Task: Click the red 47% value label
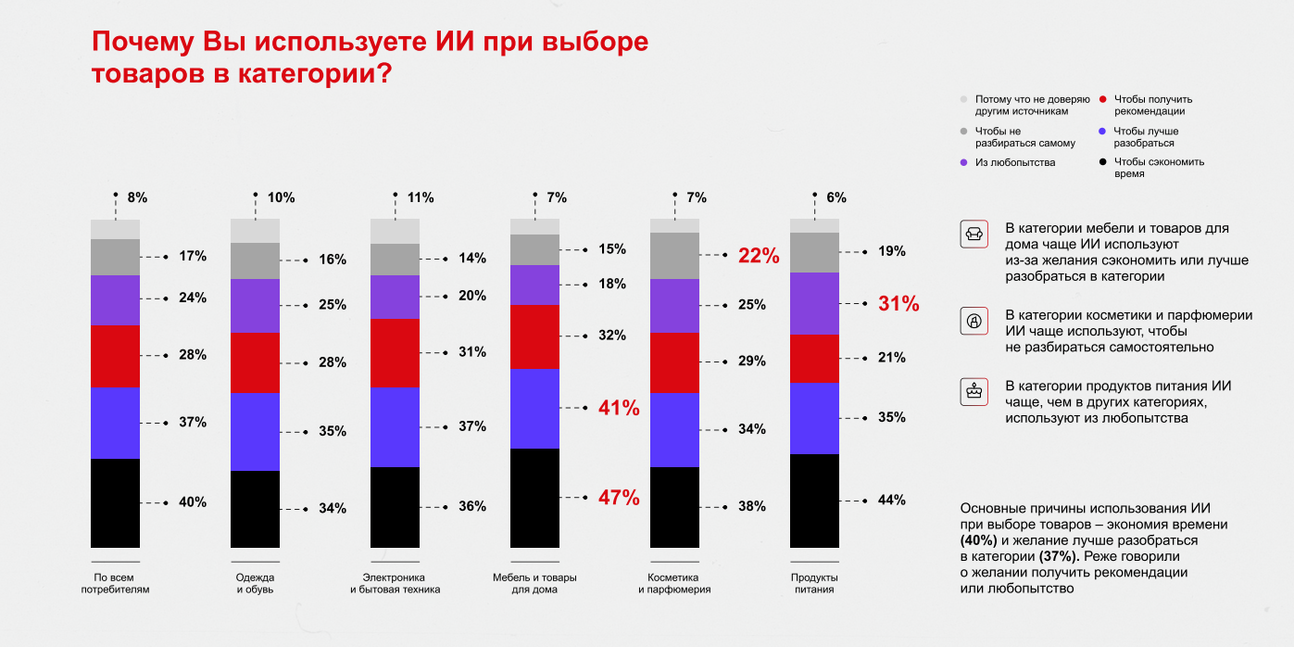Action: (x=619, y=497)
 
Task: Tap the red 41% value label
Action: (x=619, y=408)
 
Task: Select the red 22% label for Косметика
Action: (x=759, y=256)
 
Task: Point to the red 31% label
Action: (x=898, y=303)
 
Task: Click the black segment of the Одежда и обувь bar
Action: (x=255, y=509)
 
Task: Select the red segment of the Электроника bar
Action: (x=395, y=353)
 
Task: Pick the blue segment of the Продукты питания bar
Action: (x=814, y=418)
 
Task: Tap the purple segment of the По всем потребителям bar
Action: (x=115, y=300)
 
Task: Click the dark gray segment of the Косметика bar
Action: (x=674, y=256)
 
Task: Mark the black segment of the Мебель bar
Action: (x=534, y=498)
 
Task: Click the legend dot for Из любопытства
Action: (x=963, y=163)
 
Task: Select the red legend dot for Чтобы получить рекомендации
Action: (x=1103, y=99)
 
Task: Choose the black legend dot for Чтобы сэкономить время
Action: (x=1103, y=162)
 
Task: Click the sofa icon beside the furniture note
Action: (x=974, y=235)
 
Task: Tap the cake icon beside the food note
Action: (x=974, y=392)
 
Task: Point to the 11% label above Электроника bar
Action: (x=421, y=197)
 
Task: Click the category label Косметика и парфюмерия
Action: (x=674, y=583)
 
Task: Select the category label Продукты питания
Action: (x=814, y=583)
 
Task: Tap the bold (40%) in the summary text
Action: (x=978, y=540)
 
